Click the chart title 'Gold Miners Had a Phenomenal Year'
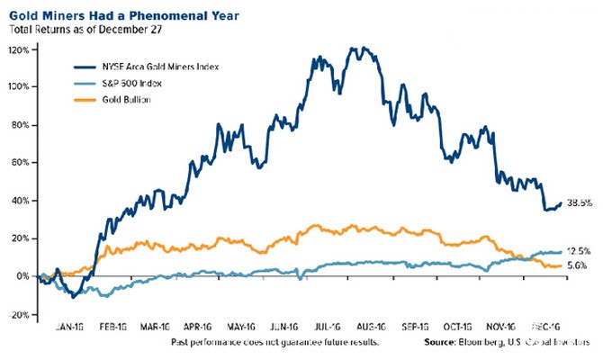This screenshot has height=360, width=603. (x=108, y=12)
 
